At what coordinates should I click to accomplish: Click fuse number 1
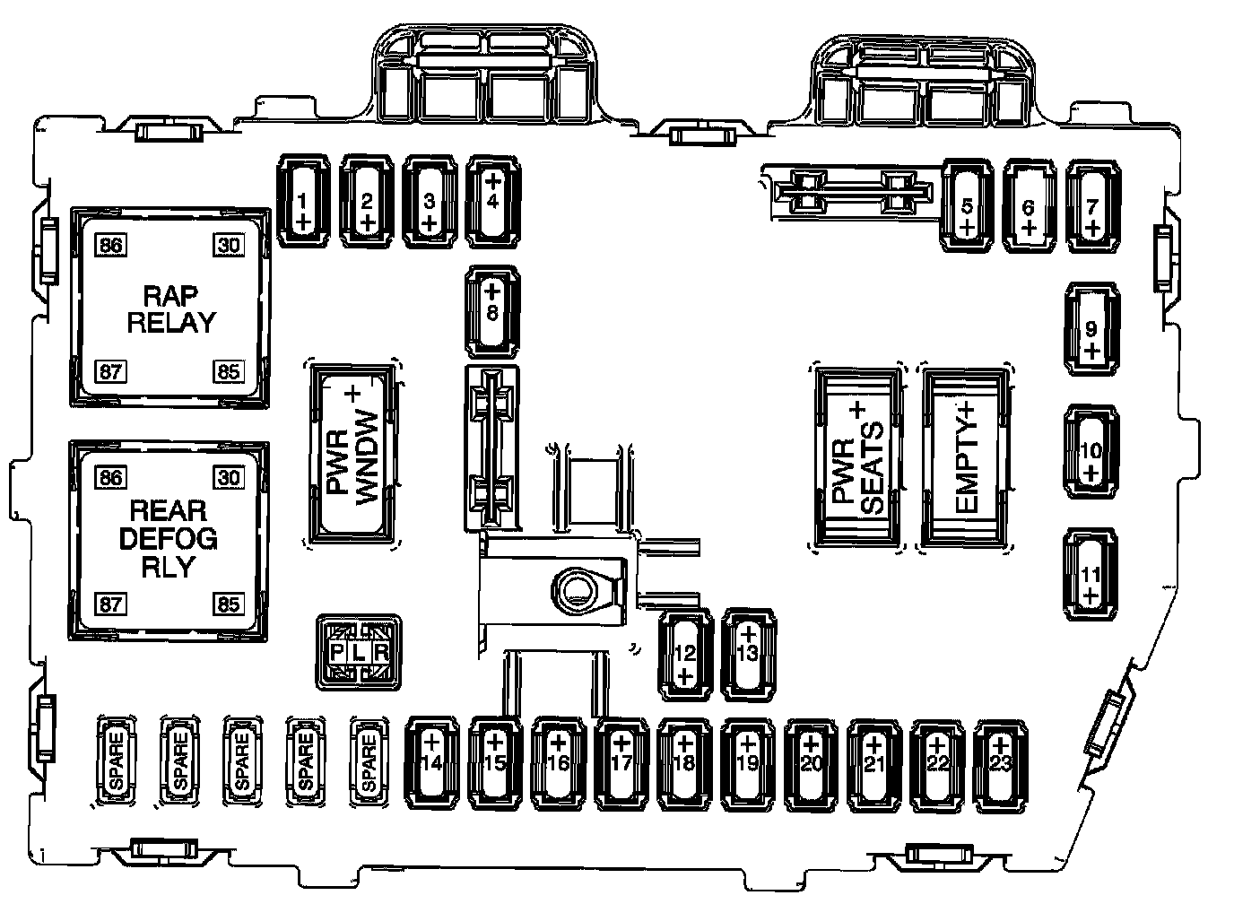click(302, 200)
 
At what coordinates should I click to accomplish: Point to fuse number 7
click(1091, 205)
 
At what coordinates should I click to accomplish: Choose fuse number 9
click(1091, 328)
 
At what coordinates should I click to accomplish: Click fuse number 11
click(1091, 575)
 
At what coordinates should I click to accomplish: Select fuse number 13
click(748, 654)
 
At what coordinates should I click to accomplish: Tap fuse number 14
click(431, 761)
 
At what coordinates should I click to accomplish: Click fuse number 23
click(1001, 761)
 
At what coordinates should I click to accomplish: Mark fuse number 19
click(748, 761)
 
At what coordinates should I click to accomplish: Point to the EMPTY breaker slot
click(965, 457)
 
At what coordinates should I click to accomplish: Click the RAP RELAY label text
click(171, 309)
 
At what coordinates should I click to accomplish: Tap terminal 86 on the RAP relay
click(112, 245)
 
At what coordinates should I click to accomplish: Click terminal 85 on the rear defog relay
click(228, 604)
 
